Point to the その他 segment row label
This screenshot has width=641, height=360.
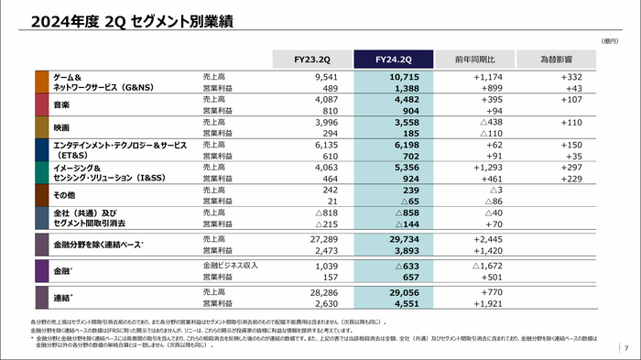[x=62, y=194]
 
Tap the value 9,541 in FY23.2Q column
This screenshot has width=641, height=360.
[x=326, y=77]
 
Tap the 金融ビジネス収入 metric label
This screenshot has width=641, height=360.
[x=231, y=265]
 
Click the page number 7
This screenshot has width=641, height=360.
[x=625, y=349]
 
